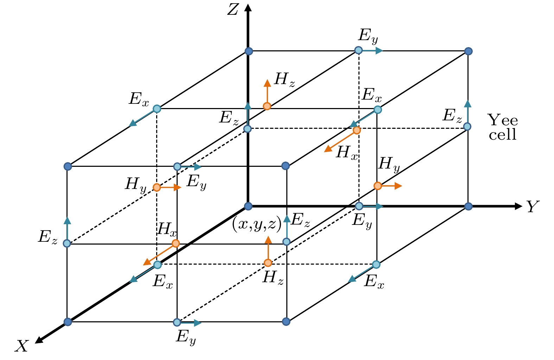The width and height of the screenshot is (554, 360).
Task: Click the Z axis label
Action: click(x=233, y=10)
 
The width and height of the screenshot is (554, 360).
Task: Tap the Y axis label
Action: click(x=533, y=206)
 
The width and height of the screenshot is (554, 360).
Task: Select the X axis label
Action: click(x=22, y=346)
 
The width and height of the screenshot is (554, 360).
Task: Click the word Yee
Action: click(x=502, y=120)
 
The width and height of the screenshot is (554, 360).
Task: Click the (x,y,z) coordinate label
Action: click(x=257, y=224)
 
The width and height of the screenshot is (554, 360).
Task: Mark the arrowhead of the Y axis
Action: click(x=518, y=206)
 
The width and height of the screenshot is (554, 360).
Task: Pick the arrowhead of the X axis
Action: click(x=39, y=340)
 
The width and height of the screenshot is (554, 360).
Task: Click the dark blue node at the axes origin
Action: click(x=248, y=206)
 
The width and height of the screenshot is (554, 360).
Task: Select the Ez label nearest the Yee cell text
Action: click(x=452, y=116)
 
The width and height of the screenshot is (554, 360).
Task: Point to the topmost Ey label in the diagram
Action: click(x=368, y=36)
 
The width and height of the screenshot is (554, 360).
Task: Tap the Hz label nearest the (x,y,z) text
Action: click(x=273, y=278)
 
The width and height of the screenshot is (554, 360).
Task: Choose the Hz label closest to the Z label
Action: click(x=285, y=81)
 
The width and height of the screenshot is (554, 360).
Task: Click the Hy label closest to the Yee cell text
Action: click(x=389, y=165)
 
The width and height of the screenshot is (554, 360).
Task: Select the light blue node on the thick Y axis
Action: click(x=359, y=206)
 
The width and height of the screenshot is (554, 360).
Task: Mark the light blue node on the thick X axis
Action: click(x=158, y=265)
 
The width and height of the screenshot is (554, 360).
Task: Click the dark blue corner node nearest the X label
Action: click(x=68, y=322)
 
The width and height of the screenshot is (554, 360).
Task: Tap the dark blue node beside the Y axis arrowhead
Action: click(x=468, y=206)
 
